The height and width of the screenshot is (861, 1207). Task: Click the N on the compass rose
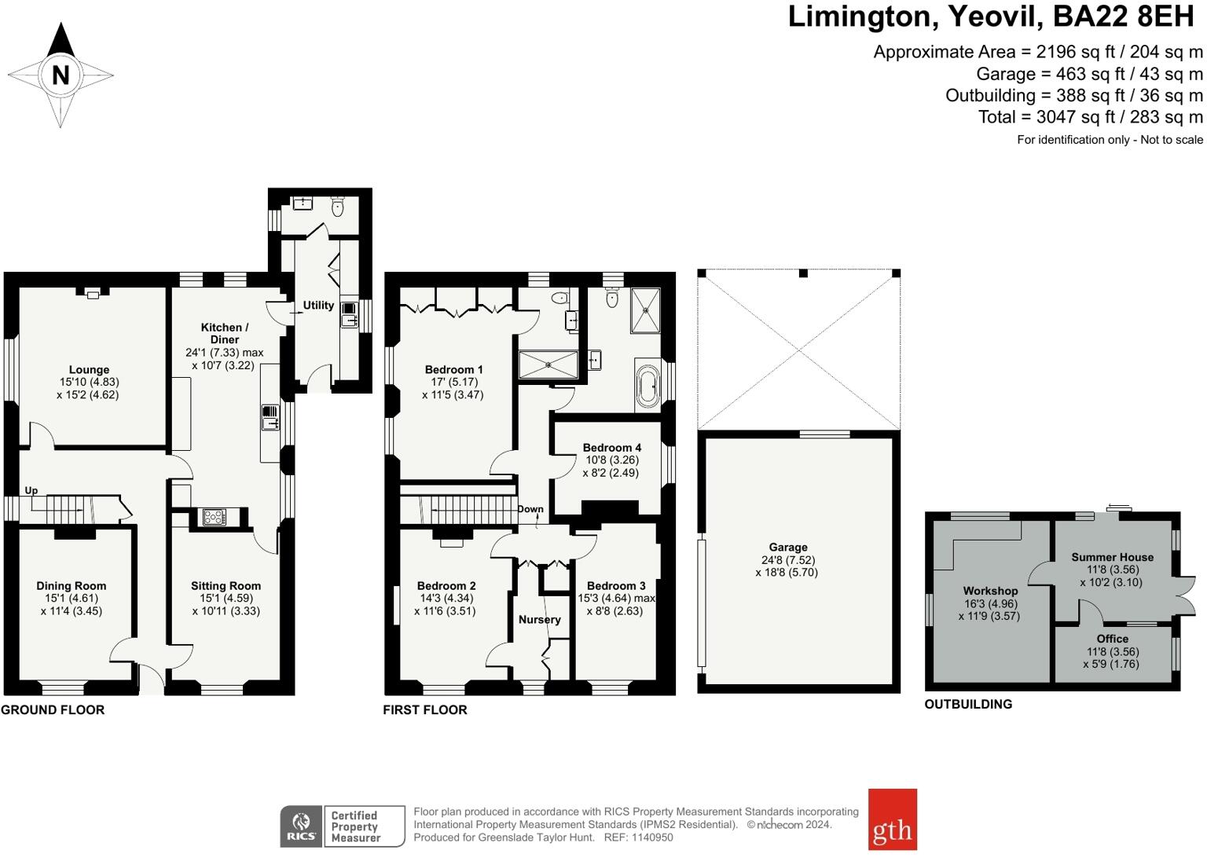(61, 75)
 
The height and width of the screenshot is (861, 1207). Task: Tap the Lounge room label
(89, 369)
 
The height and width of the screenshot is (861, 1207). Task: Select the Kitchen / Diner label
(225, 334)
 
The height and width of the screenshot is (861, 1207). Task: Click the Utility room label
(318, 305)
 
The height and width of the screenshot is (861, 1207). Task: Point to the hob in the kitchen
(214, 517)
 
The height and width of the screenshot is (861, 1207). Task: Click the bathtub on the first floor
(648, 387)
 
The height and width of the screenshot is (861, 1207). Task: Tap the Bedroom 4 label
(612, 448)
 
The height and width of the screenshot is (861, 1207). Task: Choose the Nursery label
(539, 620)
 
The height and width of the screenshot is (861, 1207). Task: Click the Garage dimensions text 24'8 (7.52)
(787, 560)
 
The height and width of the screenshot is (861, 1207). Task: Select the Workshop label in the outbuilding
(990, 591)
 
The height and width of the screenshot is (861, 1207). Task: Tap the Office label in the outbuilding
(1112, 639)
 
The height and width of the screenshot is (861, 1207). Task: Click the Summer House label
(1112, 558)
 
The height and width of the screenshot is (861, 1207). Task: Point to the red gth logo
(893, 819)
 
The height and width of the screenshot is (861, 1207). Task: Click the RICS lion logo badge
(301, 826)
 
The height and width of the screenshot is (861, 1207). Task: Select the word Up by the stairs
(31, 491)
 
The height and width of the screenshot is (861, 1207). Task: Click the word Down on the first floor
(530, 509)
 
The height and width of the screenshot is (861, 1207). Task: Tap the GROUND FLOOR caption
(53, 709)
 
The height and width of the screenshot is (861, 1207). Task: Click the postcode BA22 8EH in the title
(1124, 16)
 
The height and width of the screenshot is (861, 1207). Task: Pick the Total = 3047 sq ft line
(1091, 117)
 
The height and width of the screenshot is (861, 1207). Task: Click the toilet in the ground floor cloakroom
(338, 207)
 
